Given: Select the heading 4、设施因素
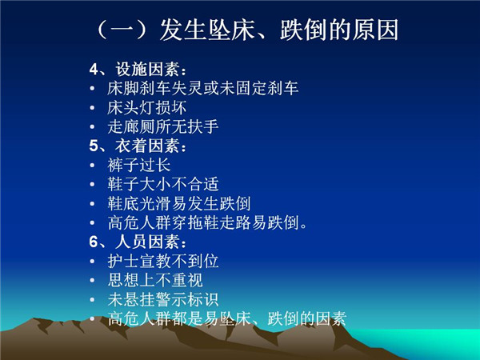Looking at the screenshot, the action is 138,70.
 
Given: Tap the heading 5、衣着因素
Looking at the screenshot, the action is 138,146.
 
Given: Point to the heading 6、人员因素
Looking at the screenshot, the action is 138,242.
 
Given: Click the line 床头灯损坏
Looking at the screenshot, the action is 147,108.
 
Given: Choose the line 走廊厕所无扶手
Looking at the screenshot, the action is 163,126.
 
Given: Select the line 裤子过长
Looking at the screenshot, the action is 139,166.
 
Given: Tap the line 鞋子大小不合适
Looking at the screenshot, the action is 163,184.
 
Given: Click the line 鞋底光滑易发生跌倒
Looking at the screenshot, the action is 179,203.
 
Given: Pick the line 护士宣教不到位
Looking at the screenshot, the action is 163,261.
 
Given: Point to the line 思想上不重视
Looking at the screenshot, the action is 155,280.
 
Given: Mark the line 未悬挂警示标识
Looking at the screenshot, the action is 163,299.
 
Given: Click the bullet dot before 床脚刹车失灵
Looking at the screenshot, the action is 92,89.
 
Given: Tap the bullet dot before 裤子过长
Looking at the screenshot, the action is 92,166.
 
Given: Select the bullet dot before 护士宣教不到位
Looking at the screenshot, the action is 92,262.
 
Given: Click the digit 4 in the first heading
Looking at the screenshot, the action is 94,70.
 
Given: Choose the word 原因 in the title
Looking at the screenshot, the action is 375,30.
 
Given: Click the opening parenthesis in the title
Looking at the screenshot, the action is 102,30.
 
